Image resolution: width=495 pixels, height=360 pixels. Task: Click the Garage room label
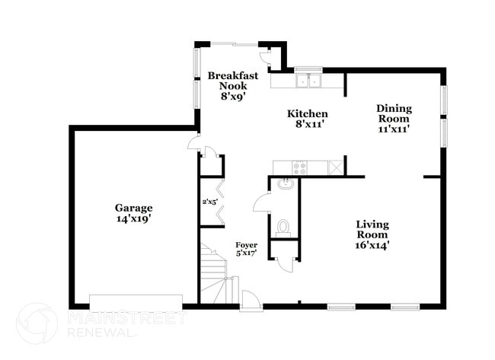[x=133, y=208]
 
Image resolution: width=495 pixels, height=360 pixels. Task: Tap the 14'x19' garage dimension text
[x=133, y=218]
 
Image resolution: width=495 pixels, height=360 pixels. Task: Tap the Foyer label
[x=245, y=244]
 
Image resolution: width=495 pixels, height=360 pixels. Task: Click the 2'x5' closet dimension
[x=210, y=202]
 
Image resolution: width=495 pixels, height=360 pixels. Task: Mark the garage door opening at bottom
[x=136, y=299]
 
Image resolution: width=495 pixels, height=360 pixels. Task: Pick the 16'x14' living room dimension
[x=372, y=246]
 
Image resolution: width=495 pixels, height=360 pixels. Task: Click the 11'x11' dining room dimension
[x=393, y=129]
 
